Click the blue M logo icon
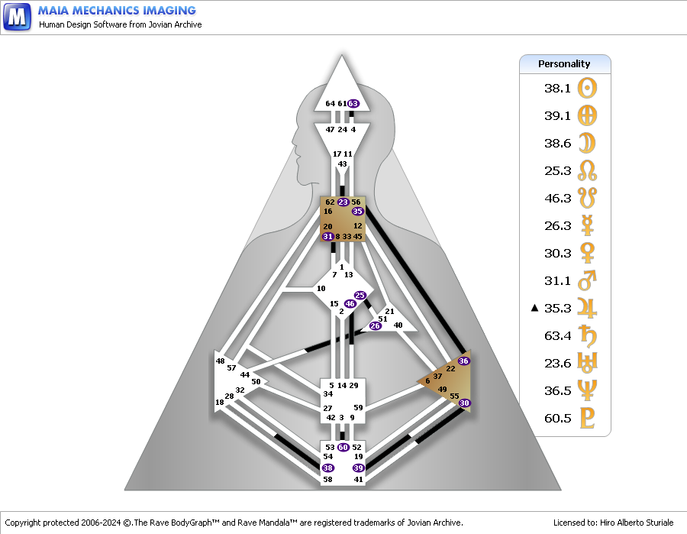tap(17, 17)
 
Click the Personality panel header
tap(565, 64)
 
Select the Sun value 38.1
tap(557, 88)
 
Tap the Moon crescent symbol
tap(587, 143)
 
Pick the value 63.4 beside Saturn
tap(557, 336)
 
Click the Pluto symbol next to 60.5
tap(587, 418)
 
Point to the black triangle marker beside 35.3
tap(534, 308)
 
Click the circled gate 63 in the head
tap(353, 104)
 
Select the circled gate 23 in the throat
tap(343, 202)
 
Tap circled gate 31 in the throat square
tap(327, 236)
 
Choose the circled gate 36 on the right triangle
tap(463, 361)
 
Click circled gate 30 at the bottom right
tap(464, 403)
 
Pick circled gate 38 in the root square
tap(327, 468)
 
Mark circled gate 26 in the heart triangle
tap(375, 325)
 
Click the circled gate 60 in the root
tap(343, 447)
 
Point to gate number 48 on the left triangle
tap(220, 361)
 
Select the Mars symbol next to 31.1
tap(587, 280)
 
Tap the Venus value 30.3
tap(557, 254)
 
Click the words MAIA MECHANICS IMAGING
tap(117, 11)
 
